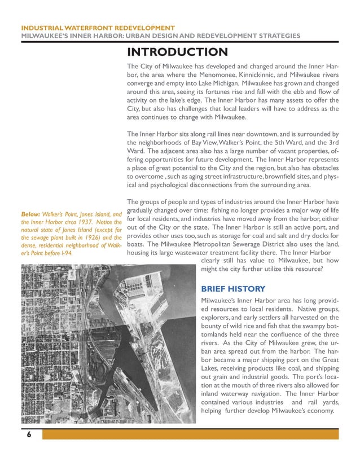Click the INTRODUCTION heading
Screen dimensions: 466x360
click(177, 53)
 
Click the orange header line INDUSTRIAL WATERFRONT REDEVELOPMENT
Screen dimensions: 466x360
click(97, 28)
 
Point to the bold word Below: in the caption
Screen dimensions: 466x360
click(30, 215)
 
